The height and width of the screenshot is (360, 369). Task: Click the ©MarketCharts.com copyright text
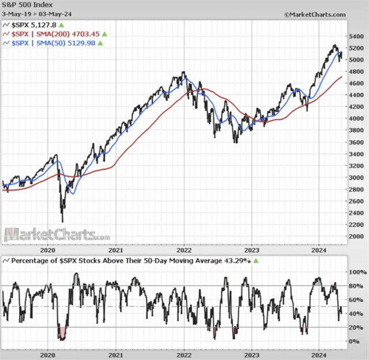click(x=315, y=13)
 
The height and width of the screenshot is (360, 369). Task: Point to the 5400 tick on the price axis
click(x=357, y=36)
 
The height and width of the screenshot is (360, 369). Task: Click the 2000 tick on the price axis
click(x=357, y=237)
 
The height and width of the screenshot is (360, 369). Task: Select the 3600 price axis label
click(x=357, y=142)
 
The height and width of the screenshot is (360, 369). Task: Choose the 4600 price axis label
click(x=357, y=84)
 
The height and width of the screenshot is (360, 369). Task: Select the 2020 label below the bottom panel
click(x=48, y=353)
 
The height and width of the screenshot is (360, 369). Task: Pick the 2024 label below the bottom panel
click(x=319, y=353)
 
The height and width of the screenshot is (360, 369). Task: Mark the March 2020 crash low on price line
click(x=62, y=220)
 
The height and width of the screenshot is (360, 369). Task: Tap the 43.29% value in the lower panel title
click(x=238, y=261)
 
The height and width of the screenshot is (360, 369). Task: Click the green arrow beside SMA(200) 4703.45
click(x=105, y=34)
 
